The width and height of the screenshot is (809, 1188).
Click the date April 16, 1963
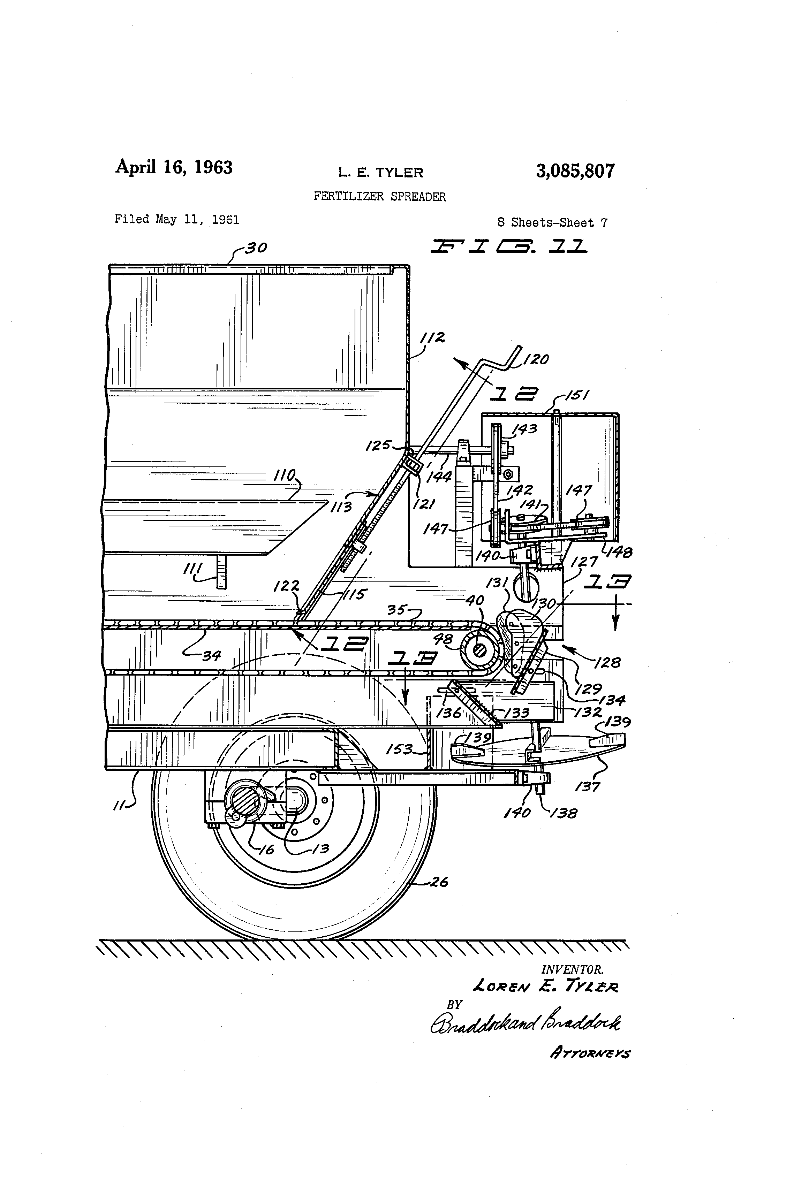(x=174, y=167)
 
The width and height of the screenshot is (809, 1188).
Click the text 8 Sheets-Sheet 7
(x=552, y=223)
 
